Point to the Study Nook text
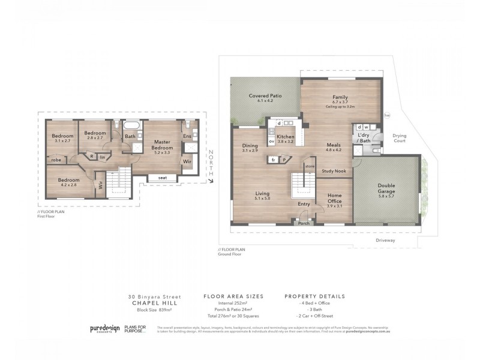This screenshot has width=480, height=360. (x=333, y=171)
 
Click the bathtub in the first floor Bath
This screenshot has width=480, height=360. (x=131, y=126)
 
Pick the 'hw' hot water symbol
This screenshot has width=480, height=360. (x=387, y=116)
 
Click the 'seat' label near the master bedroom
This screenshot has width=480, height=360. (x=163, y=178)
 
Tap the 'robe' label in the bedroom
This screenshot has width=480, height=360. (x=56, y=160)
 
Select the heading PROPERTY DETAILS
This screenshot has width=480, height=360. (x=315, y=296)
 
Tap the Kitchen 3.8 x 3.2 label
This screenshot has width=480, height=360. (x=285, y=139)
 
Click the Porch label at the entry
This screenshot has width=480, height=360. (x=304, y=223)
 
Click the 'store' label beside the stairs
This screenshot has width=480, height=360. (x=310, y=166)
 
